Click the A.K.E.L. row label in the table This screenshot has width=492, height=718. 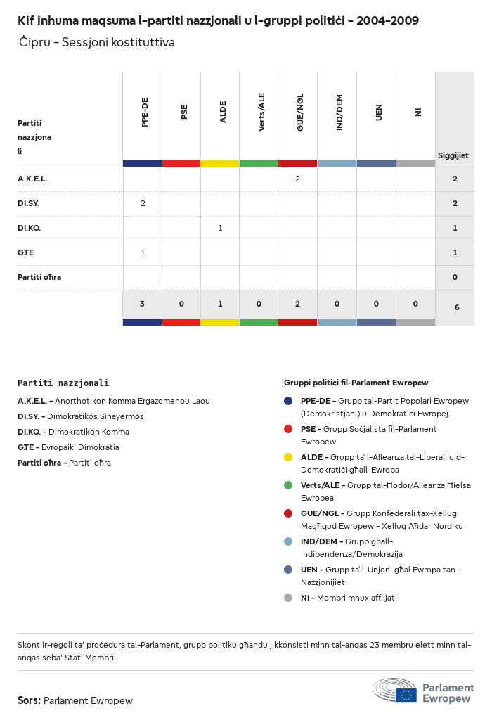pos(32,179)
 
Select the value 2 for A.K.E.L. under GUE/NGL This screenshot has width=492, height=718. pos(297,179)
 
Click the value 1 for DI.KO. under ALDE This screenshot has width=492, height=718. pos(220,229)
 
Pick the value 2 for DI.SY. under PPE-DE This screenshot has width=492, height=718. pos(143,204)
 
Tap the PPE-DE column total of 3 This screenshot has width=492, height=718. pos(142,304)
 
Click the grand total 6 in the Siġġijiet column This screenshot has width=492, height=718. pos(455,307)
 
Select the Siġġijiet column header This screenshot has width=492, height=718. pos(453,155)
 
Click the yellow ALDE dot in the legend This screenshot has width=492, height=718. pos(288,457)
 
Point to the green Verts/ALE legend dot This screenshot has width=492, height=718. pos(288,485)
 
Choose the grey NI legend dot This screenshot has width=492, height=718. pos(288,598)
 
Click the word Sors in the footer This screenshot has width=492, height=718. pos(29,700)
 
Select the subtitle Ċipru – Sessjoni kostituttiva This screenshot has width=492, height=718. pos(97,43)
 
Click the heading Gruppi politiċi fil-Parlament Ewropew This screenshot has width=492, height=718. pos(356,383)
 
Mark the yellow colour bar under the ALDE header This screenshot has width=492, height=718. pos(220,163)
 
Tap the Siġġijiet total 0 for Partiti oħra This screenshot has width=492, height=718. pos(455,278)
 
